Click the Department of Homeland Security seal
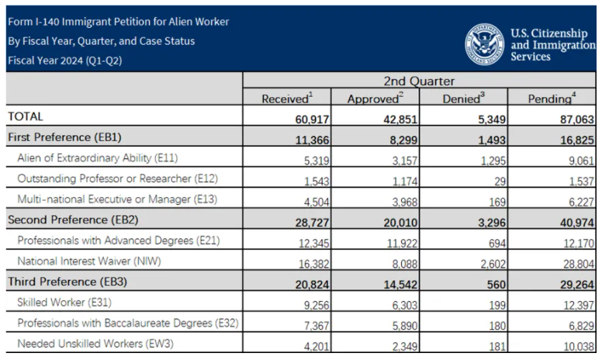click(x=485, y=44)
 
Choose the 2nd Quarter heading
click(x=419, y=81)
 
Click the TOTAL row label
click(x=26, y=116)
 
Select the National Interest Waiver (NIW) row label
click(x=89, y=261)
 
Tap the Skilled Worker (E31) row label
click(x=64, y=303)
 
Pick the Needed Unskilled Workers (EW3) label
click(x=95, y=344)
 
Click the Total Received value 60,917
click(x=312, y=119)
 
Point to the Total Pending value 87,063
click(x=577, y=119)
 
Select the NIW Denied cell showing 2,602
click(x=493, y=264)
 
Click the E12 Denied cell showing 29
click(x=500, y=181)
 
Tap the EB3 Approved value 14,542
click(x=400, y=285)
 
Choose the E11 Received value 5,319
click(x=317, y=161)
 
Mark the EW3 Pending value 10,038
click(x=579, y=347)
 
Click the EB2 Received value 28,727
click(x=312, y=223)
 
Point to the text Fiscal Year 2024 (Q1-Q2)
click(x=65, y=61)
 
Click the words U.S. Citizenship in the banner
click(x=549, y=33)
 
